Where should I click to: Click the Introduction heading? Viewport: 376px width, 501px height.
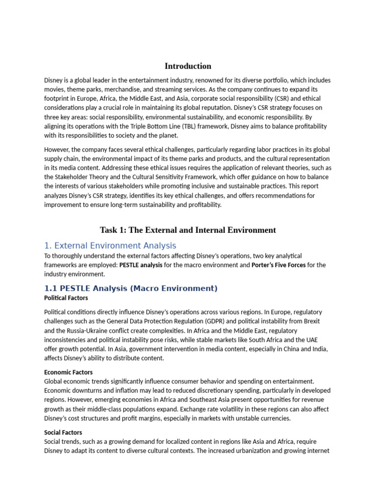188,66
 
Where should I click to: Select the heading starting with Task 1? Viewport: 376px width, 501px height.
188,230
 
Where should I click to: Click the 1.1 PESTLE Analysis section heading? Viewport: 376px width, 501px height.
131,288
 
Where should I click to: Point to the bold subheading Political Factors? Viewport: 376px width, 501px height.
66,297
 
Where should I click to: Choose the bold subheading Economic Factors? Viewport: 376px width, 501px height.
68,372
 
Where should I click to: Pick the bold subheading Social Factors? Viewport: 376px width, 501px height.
63,433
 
